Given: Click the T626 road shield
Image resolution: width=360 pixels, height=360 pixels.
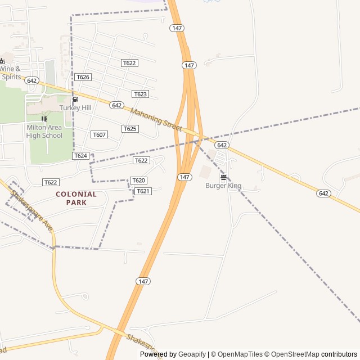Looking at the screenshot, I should pyautogui.click(x=83, y=77).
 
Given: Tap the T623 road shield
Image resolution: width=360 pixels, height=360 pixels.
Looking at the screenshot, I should pyautogui.click(x=140, y=94).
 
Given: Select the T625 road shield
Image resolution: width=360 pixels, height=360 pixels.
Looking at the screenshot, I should pyautogui.click(x=130, y=129).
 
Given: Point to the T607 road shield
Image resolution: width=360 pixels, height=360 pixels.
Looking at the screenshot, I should pyautogui.click(x=99, y=134).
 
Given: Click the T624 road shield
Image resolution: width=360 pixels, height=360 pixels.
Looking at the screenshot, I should pyautogui.click(x=80, y=155).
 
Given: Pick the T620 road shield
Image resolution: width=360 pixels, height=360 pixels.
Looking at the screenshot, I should pyautogui.click(x=138, y=181).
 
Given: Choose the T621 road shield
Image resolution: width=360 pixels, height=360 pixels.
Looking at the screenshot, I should pyautogui.click(x=143, y=191).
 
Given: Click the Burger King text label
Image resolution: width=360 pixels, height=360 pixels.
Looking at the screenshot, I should pyautogui.click(x=223, y=186).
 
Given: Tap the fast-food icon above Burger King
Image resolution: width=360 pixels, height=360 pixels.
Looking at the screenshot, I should pyautogui.click(x=223, y=177).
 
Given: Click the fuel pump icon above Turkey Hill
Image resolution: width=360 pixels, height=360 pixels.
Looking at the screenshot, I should pyautogui.click(x=75, y=100).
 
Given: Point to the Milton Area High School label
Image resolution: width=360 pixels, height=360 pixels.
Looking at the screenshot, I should pyautogui.click(x=44, y=131).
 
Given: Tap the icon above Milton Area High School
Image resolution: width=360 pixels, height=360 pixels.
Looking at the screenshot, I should pyautogui.click(x=44, y=119).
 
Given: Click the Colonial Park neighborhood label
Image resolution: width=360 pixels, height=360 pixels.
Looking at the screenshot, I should pyautogui.click(x=76, y=198).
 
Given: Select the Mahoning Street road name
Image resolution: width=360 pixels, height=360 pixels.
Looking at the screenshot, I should pyautogui.click(x=156, y=120).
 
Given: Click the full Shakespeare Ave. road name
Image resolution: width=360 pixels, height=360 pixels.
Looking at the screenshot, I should pyautogui.click(x=32, y=211).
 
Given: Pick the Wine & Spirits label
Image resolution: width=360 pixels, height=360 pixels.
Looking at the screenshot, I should pyautogui.click(x=10, y=73).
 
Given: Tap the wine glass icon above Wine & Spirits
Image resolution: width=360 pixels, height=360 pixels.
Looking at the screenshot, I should pyautogui.click(x=2, y=60).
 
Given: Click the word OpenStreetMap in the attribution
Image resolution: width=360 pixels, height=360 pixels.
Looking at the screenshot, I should pyautogui.click(x=296, y=354).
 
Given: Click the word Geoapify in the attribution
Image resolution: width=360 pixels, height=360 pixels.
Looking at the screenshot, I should pyautogui.click(x=192, y=354).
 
